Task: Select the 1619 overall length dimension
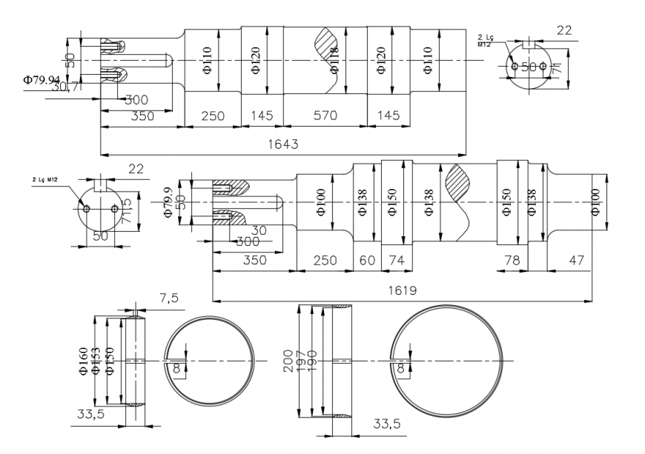click(x=401, y=290)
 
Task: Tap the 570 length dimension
click(x=325, y=116)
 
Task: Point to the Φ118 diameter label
click(x=334, y=60)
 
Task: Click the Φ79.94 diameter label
click(x=42, y=79)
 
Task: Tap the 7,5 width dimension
click(x=169, y=297)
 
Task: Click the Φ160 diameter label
click(x=84, y=361)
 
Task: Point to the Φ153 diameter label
click(x=97, y=361)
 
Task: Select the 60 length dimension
click(x=367, y=261)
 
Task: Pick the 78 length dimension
click(x=512, y=261)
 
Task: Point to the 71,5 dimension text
click(x=127, y=211)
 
